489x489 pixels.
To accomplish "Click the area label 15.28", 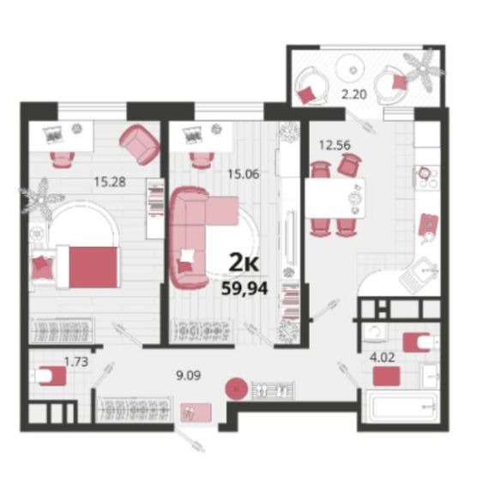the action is (110, 182).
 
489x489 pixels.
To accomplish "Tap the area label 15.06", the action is (244, 174).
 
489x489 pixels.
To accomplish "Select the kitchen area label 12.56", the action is (335, 145).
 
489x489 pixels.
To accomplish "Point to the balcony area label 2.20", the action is (353, 94).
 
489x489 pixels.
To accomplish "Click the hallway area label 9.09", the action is (189, 376).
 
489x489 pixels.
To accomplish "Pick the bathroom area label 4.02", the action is (383, 358).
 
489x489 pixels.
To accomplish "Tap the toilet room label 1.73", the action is (76, 362).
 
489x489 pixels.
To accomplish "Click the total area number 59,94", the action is (244, 288).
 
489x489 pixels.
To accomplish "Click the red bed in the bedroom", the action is (88, 267).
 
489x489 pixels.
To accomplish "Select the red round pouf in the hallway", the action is (237, 389).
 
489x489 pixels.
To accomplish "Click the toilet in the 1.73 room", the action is (49, 376).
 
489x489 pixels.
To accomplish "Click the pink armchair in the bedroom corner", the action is (139, 144).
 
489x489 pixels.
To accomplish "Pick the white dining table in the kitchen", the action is (335, 198).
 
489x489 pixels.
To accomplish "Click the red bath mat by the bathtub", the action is (387, 376).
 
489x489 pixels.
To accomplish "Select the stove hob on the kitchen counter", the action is (426, 178).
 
